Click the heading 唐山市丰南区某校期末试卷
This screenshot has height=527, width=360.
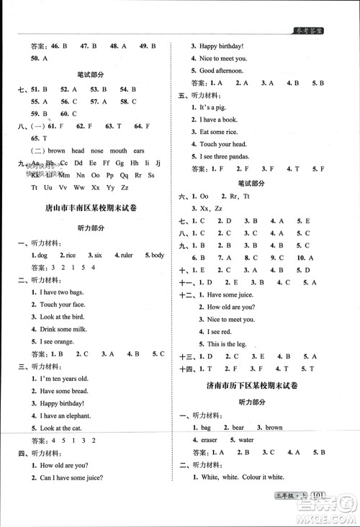[x=90, y=208]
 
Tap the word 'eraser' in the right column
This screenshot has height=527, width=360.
[x=209, y=439]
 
